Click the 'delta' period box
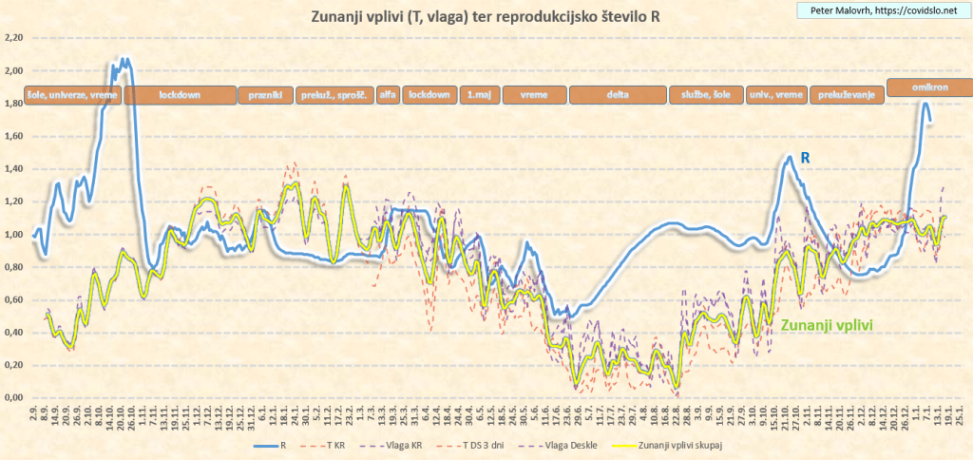coord(617,95)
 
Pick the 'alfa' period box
coord(388,95)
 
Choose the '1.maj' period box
coord(478,95)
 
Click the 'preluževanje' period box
coord(846,95)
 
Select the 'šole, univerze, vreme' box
coord(62,95)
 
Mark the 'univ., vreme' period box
coord(777,95)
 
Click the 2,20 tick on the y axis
coord(13,38)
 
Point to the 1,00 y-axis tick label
coord(13,235)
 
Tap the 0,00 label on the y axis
coord(13,398)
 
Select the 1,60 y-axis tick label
coord(13,137)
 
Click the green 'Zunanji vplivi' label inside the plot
coord(827,325)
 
